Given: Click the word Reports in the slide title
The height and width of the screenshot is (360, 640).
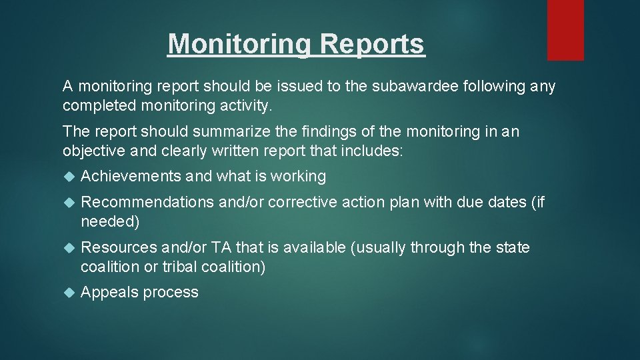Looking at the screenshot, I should click(372, 44).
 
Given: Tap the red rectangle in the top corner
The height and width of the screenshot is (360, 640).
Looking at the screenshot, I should click(565, 30).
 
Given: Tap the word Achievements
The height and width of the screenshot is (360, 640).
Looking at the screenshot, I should click(131, 177).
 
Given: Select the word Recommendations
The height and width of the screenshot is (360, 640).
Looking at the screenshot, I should click(147, 202).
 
